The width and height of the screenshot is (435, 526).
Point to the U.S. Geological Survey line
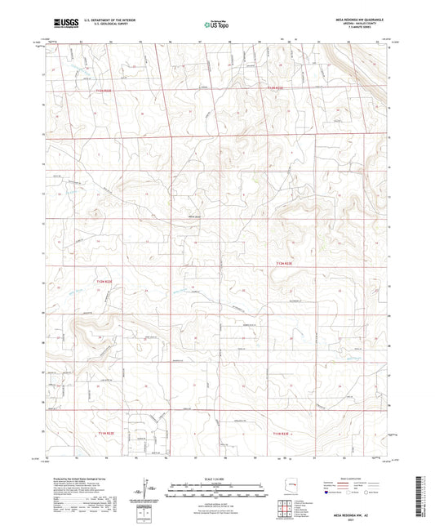95,27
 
